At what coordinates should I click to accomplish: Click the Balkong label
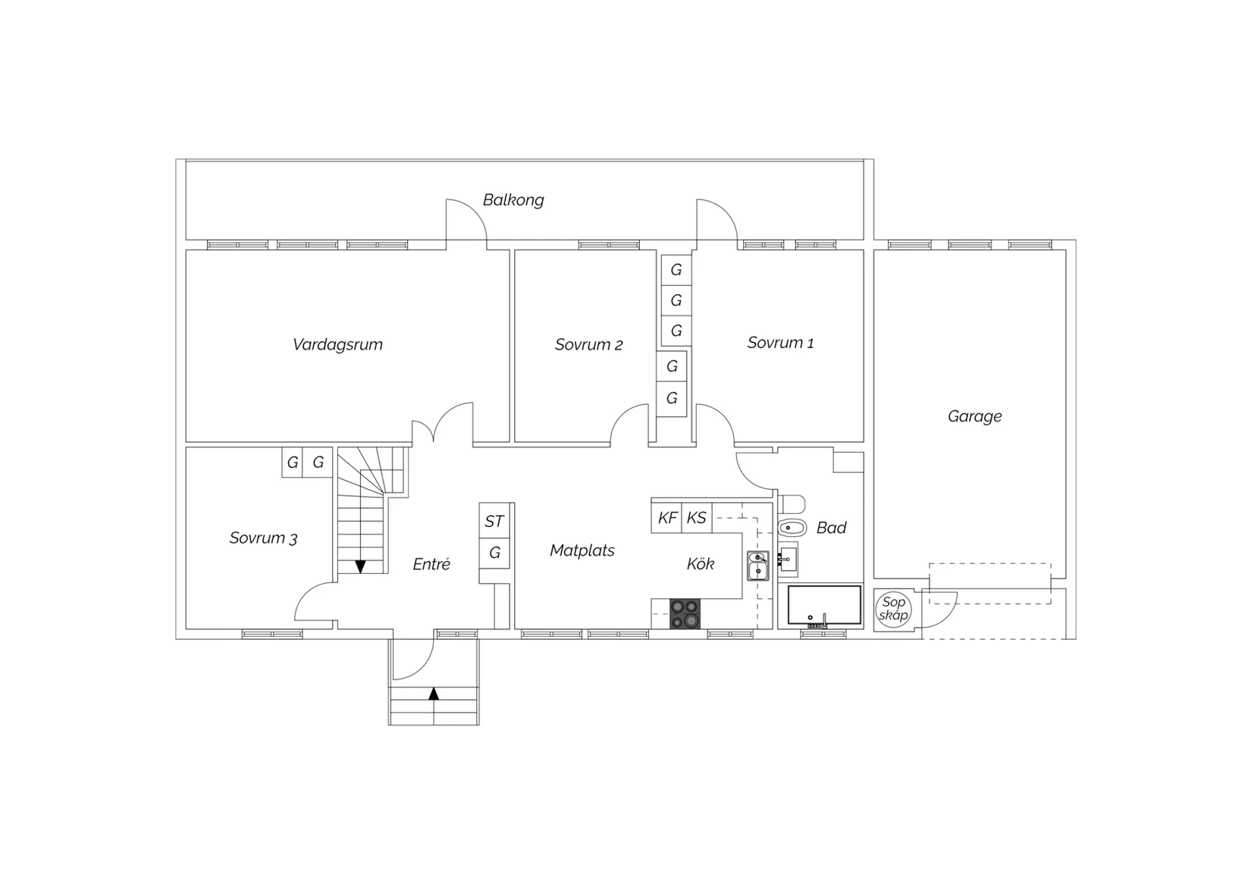pyautogui.click(x=513, y=200)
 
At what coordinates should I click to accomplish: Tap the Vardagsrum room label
pyautogui.click(x=338, y=344)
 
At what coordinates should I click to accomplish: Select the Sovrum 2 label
pyautogui.click(x=588, y=344)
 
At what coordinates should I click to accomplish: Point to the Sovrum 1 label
pyautogui.click(x=781, y=343)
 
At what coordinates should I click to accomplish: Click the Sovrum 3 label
pyautogui.click(x=263, y=538)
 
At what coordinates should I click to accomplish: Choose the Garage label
pyautogui.click(x=974, y=416)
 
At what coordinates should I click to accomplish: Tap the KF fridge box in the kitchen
pyautogui.click(x=667, y=518)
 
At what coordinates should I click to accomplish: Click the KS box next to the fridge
pyautogui.click(x=697, y=518)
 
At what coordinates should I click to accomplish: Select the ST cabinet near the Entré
pyautogui.click(x=494, y=521)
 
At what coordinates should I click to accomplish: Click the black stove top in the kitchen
pyautogui.click(x=685, y=613)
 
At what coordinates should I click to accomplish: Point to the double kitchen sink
pyautogui.click(x=758, y=566)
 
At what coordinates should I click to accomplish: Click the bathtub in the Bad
pyautogui.click(x=824, y=605)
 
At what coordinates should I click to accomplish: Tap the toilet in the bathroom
pyautogui.click(x=792, y=527)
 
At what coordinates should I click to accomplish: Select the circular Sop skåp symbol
pyautogui.click(x=893, y=609)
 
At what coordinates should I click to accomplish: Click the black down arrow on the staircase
pyautogui.click(x=360, y=567)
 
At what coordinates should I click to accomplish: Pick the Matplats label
pyautogui.click(x=582, y=550)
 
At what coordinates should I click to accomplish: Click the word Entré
pyautogui.click(x=431, y=564)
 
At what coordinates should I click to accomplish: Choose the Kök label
pyautogui.click(x=701, y=564)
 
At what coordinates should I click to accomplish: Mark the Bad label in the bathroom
pyautogui.click(x=831, y=528)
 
